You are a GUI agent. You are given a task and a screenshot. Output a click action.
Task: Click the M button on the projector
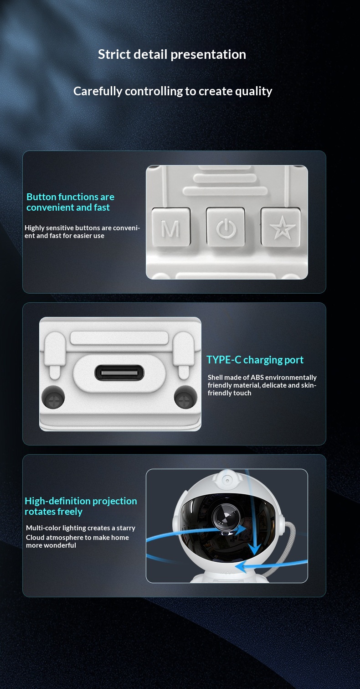pos(171,227)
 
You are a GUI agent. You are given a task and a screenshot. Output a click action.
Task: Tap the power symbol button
pos(226,227)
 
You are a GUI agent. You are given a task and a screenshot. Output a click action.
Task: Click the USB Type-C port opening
pos(119,373)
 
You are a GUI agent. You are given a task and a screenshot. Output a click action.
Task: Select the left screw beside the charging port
pos(53,397)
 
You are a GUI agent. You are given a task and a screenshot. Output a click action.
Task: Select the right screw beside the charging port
pos(185,397)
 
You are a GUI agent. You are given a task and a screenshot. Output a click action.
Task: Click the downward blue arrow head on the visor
pos(254,549)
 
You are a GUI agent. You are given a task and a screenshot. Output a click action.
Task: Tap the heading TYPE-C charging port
pos(255,360)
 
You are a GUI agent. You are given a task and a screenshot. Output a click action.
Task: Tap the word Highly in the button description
pos(35,228)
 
